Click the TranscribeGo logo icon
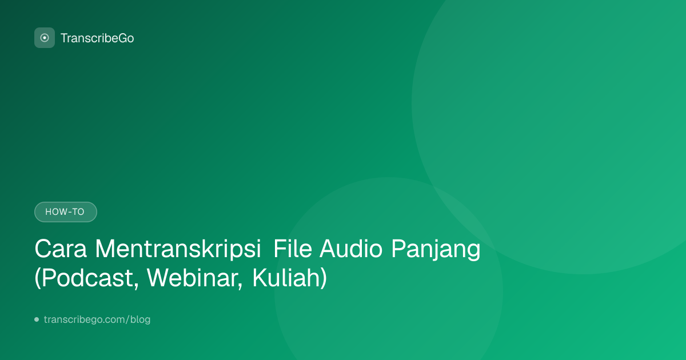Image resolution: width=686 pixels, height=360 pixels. click(45, 38)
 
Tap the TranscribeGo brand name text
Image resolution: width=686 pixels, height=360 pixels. click(97, 38)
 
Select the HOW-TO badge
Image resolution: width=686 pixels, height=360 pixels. click(66, 212)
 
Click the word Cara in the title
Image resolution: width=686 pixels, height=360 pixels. click(61, 249)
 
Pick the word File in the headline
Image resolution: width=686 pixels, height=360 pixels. click(293, 249)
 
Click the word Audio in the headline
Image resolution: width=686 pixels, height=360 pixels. click(351, 249)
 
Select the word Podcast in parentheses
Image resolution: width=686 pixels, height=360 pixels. click(87, 278)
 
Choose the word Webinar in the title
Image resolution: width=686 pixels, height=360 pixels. click(193, 278)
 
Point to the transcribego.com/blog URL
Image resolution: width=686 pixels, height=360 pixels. click(97, 319)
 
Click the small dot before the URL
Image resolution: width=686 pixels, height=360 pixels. click(37, 319)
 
